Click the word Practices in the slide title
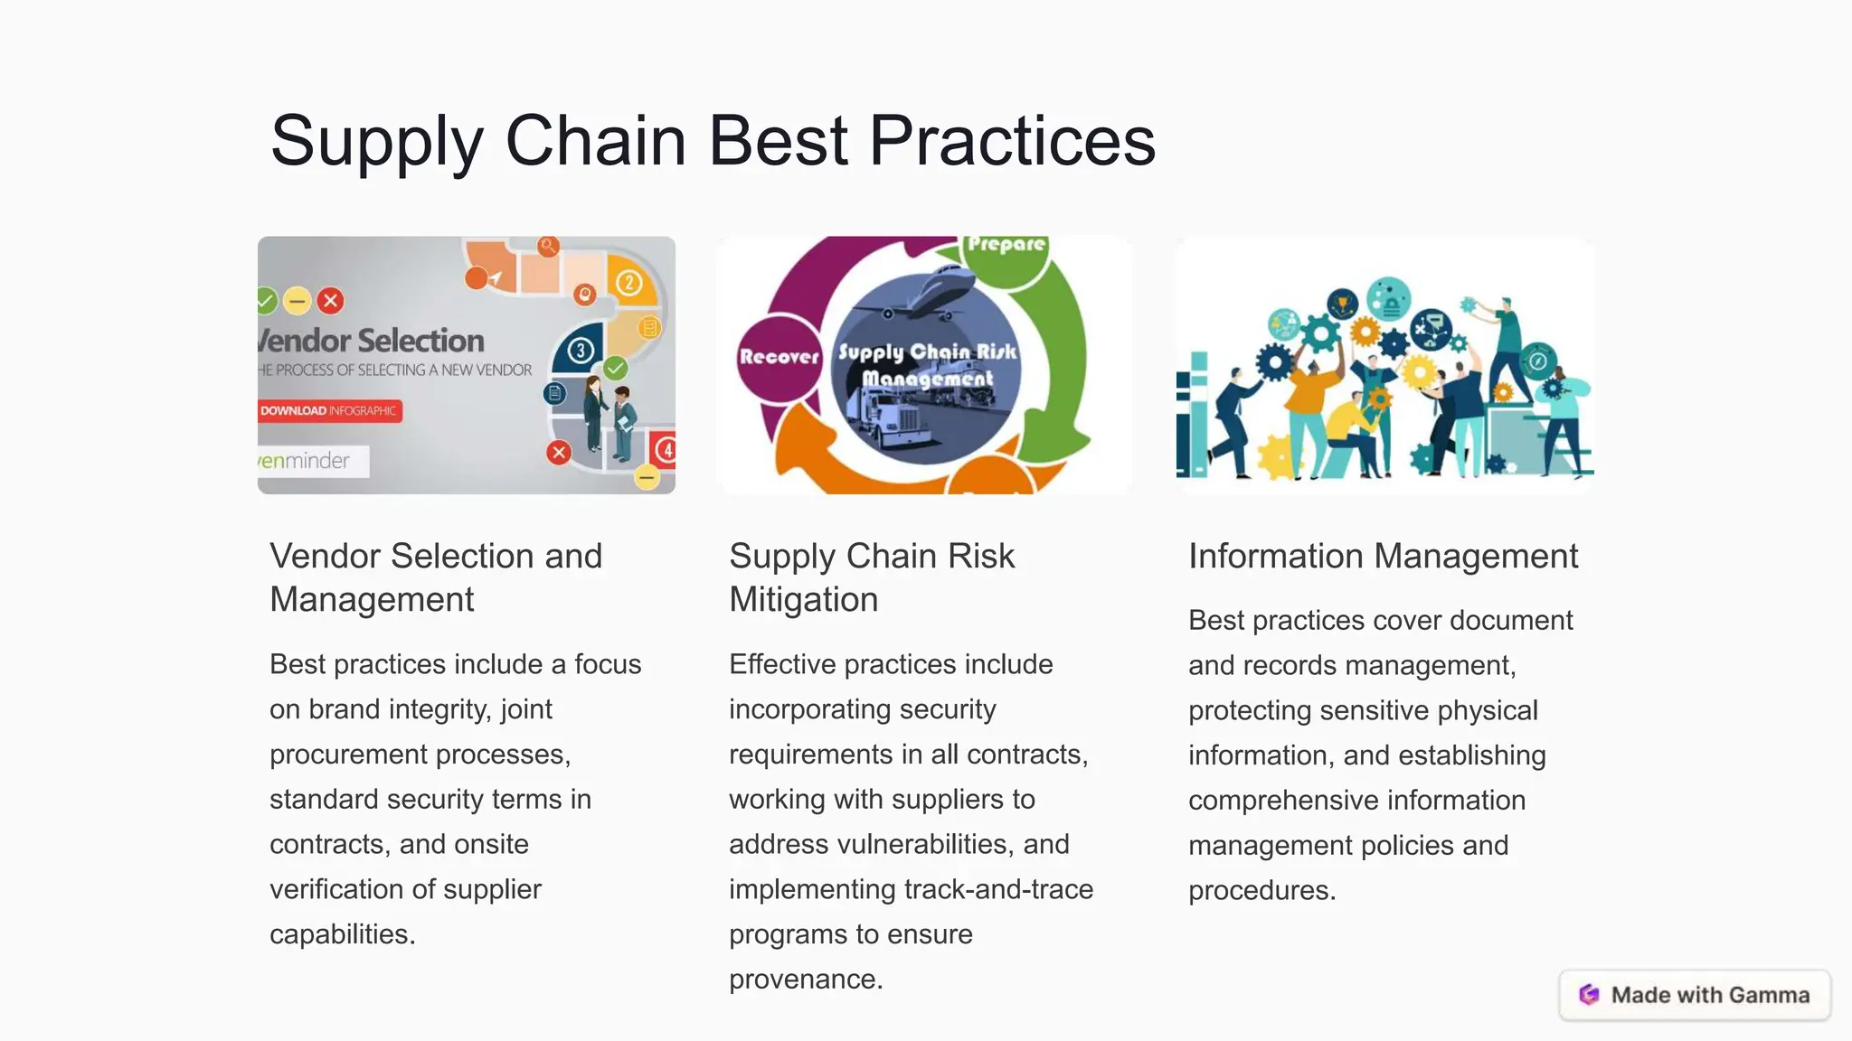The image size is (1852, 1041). pos(1012,141)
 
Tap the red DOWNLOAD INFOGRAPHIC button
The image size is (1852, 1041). pos(329,410)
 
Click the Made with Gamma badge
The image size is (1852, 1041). pos(1695,995)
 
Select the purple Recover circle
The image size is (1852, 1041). pos(778,356)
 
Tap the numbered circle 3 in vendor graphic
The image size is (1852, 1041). pos(581,350)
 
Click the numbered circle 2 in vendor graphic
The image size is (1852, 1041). pos(629,283)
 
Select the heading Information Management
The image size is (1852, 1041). pos(1383,556)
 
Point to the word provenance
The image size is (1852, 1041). pos(804,979)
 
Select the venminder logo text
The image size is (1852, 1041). pos(305,461)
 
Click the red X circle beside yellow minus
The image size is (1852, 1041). pos(331,300)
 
